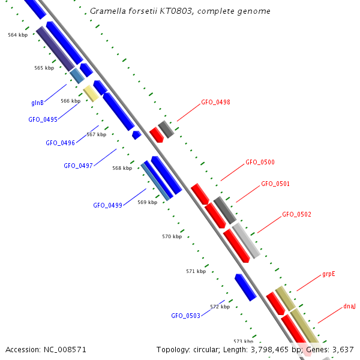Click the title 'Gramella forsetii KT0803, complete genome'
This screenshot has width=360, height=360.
tap(180, 11)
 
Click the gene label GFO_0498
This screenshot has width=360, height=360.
tap(215, 103)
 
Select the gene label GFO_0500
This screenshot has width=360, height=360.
tap(260, 163)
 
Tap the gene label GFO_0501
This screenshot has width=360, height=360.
tap(275, 184)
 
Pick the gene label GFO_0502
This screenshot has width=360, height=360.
tap(296, 214)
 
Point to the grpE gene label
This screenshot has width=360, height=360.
tap(328, 274)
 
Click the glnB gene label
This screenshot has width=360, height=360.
tap(37, 103)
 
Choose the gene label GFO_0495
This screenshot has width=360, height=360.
tap(43, 119)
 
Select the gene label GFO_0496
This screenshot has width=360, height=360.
tap(60, 143)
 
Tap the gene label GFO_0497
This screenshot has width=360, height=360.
tap(78, 166)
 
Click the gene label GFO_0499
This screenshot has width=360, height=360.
tap(107, 205)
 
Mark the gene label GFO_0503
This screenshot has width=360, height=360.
tap(185, 316)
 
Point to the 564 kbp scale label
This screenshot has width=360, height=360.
tap(17, 35)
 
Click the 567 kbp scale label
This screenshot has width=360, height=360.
tap(96, 134)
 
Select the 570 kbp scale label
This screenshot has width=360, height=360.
tap(172, 236)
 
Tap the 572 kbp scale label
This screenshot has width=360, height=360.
tap(220, 307)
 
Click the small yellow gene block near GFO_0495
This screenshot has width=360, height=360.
tap(91, 92)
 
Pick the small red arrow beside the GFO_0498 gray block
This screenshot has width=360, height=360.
tap(156, 135)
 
